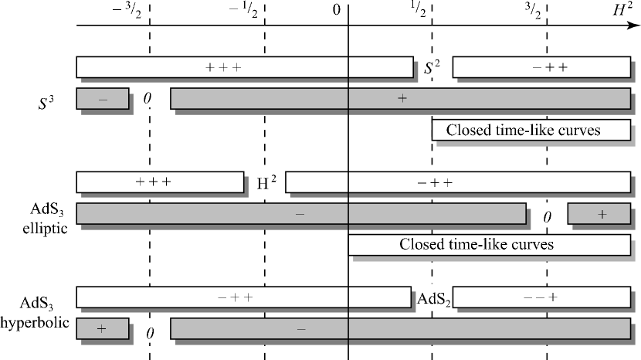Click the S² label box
[x=432, y=67]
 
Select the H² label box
[x=266, y=182]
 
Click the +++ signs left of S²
[x=224, y=67]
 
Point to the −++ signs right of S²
[x=550, y=67]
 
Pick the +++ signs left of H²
[x=153, y=182]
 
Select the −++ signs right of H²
[x=435, y=183]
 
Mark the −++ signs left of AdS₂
[x=236, y=297]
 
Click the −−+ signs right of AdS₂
[x=541, y=297]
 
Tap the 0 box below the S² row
[x=151, y=98]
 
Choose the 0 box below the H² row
[x=548, y=216]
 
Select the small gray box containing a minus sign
[x=102, y=99]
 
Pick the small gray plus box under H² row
[x=601, y=214]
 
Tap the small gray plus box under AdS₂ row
[x=102, y=328]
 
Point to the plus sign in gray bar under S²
[x=402, y=98]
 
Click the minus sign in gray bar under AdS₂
[x=301, y=329]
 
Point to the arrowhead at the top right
[x=632, y=27]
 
